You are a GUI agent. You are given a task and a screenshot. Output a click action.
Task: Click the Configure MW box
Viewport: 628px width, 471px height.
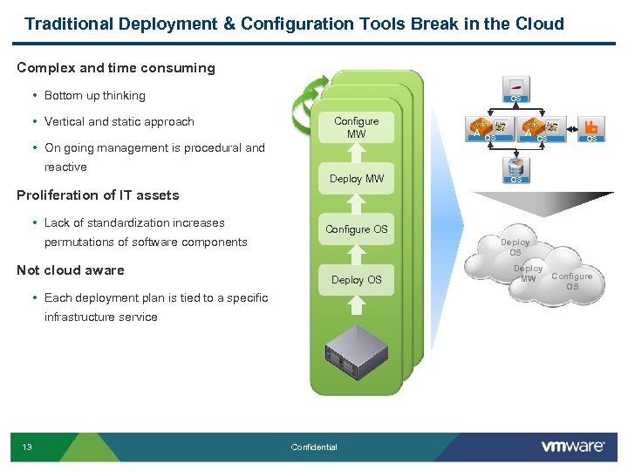[x=356, y=127]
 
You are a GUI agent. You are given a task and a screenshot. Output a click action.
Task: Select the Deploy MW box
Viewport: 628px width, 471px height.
[x=356, y=179]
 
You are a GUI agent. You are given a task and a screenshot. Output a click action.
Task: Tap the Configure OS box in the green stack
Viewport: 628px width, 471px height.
[x=356, y=229]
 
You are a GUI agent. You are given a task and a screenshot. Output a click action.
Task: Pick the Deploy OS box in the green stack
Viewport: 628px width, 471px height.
[x=356, y=280]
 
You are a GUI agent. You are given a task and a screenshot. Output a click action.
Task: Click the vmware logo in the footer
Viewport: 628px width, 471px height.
[x=573, y=446]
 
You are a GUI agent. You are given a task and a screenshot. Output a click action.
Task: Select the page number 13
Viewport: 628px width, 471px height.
[x=27, y=447]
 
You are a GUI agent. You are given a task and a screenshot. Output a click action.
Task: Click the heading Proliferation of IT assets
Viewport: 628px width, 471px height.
[x=98, y=195]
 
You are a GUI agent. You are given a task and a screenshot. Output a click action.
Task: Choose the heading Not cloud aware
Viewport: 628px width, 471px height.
[x=71, y=270]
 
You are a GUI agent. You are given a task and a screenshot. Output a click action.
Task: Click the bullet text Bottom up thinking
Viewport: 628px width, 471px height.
[x=94, y=95]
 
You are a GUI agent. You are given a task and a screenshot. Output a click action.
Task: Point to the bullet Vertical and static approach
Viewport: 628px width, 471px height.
[x=119, y=121]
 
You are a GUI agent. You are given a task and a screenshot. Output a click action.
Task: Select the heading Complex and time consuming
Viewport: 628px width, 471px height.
[x=116, y=68]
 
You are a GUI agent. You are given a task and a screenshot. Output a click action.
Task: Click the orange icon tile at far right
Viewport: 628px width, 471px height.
[x=591, y=129]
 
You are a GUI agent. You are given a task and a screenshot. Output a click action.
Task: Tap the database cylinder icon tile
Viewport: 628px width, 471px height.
[x=515, y=168]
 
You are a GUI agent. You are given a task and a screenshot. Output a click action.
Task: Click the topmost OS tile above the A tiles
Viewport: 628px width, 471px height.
[x=515, y=90]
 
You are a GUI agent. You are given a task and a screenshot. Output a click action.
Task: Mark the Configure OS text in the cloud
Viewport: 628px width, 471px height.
[x=572, y=281]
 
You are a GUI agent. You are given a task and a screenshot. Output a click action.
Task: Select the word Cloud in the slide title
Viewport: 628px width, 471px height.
[x=539, y=24]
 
